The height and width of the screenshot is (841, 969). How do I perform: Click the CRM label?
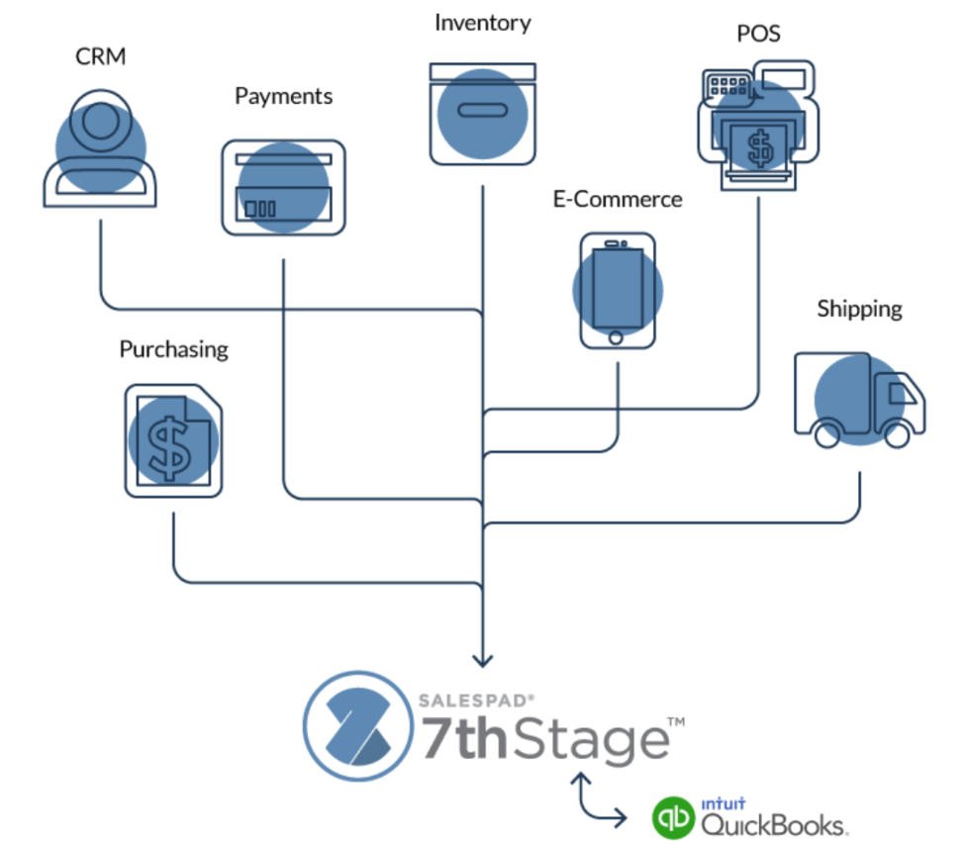(x=101, y=56)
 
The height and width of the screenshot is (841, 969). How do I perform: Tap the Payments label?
(x=283, y=96)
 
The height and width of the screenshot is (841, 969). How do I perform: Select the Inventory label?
(x=482, y=23)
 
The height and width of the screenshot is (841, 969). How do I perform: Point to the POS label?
(x=758, y=34)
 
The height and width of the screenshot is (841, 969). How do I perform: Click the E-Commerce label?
(x=618, y=199)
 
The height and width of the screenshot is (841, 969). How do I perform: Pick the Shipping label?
(x=859, y=309)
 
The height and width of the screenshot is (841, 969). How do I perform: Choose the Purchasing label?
(x=173, y=349)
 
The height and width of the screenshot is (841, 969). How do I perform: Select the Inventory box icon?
(x=482, y=113)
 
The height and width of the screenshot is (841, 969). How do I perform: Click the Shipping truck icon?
(x=859, y=399)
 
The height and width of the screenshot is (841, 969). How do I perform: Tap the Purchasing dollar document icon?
(x=173, y=439)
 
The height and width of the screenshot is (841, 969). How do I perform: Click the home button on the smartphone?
(x=617, y=337)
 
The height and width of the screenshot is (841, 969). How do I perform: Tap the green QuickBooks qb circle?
(x=673, y=817)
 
